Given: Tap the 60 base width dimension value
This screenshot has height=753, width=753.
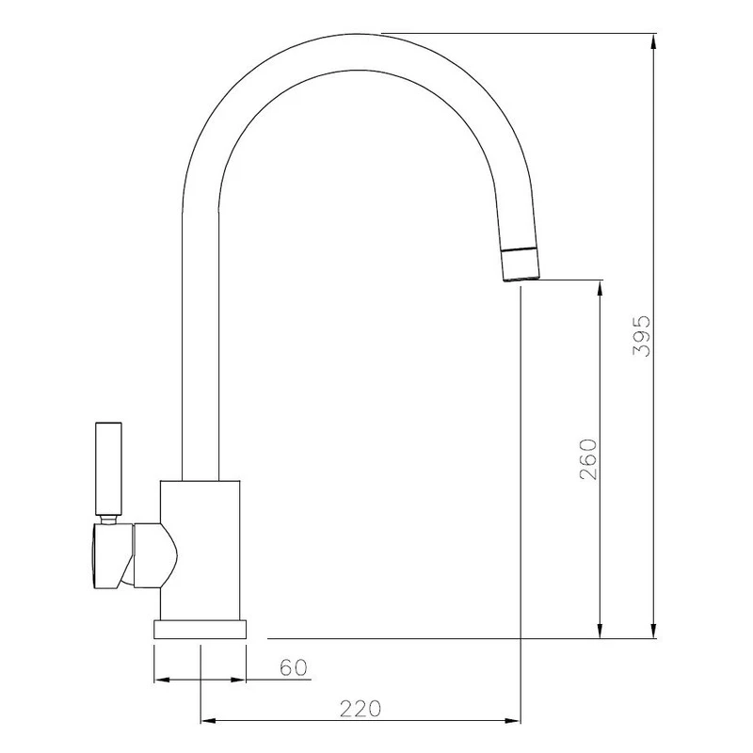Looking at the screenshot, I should pos(294,668).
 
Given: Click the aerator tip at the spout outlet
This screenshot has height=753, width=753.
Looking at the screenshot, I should pos(521,267).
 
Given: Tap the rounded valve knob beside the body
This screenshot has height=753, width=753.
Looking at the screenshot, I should pos(154,555).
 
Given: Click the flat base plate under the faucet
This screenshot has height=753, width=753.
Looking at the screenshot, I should pos(200,629).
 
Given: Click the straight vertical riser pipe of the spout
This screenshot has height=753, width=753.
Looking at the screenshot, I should pos(199,358).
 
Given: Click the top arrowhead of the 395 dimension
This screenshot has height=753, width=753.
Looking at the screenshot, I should pos(654,42).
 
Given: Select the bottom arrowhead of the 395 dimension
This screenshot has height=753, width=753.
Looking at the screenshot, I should pos(654,631).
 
